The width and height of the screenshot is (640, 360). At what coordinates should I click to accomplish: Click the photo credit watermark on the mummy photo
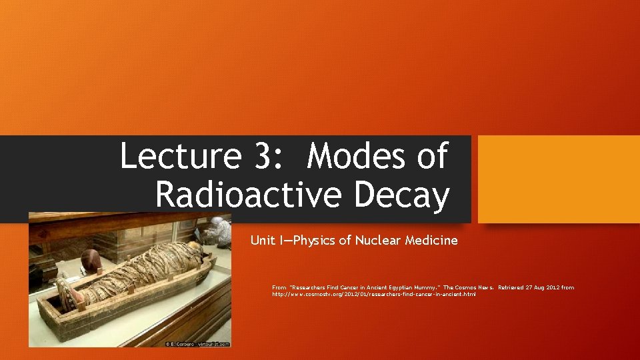[197, 344]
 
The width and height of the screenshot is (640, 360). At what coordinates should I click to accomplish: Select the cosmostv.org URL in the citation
[374, 294]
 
